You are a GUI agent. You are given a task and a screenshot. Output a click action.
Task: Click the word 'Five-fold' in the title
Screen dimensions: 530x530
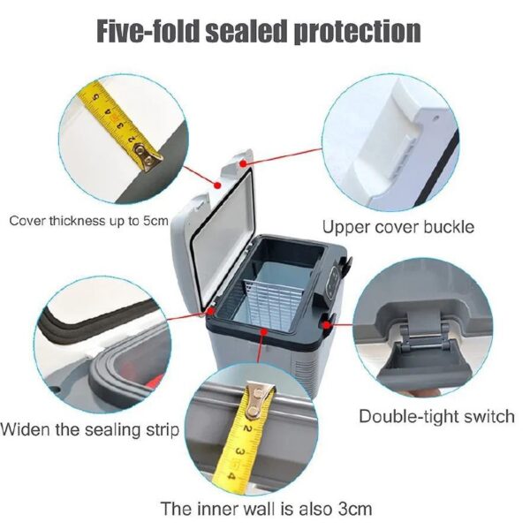coord(148,32)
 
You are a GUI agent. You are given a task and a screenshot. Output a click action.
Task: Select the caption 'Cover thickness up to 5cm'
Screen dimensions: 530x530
coord(88,221)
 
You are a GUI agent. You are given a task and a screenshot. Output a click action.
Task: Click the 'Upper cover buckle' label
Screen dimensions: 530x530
coord(398,227)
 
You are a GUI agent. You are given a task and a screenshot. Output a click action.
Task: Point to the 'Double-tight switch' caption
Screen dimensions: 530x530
coord(436,416)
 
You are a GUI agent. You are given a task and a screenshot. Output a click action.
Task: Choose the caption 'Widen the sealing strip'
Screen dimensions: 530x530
coord(89,430)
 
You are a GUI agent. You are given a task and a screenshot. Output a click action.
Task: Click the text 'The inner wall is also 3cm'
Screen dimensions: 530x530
coord(267,509)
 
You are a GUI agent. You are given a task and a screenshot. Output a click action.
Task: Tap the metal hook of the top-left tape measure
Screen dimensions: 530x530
coord(148,156)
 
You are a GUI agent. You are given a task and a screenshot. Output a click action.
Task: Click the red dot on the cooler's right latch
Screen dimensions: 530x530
coord(326,325)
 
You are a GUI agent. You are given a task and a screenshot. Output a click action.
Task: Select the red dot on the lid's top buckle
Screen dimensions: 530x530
coord(243,163)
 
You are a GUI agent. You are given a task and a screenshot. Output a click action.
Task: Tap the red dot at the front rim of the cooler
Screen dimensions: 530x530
coord(264,332)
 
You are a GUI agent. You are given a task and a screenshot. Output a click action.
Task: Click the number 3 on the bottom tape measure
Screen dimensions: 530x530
coord(241,451)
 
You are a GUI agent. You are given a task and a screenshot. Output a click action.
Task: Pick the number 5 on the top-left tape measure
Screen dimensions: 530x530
coord(97,98)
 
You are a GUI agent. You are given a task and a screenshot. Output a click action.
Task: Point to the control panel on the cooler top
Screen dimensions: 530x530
coord(335,277)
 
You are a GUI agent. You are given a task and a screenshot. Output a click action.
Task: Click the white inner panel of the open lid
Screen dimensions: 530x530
coord(222,233)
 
